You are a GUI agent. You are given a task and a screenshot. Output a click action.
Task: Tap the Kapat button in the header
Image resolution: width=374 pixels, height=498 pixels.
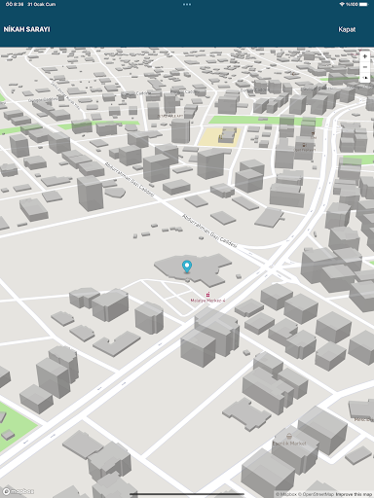(x=347, y=29)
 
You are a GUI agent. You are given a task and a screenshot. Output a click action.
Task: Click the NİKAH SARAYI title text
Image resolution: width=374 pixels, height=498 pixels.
(x=27, y=29)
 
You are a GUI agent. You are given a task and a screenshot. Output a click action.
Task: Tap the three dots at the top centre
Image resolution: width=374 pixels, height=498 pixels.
(x=187, y=4)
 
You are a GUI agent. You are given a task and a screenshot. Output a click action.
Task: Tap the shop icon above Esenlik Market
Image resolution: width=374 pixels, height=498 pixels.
(x=289, y=436)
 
